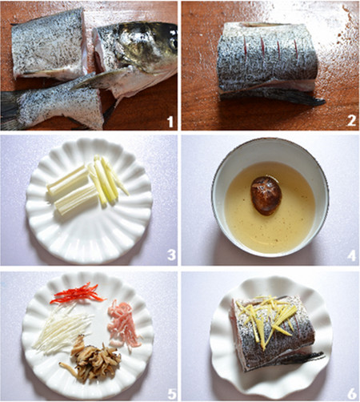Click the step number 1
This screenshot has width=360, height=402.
pos(170,122)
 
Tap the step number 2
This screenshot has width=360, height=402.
pos(351,121)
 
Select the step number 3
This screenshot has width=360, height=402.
pos(171,255)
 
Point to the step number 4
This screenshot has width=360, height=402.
pos(351,255)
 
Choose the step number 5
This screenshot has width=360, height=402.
pos(172,393)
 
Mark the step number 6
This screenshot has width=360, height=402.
pos(352,393)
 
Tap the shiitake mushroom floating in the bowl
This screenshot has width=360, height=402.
pos(266,195)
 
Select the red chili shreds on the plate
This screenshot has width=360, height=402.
pos(78,293)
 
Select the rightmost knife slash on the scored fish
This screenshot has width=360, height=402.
pos(296,49)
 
